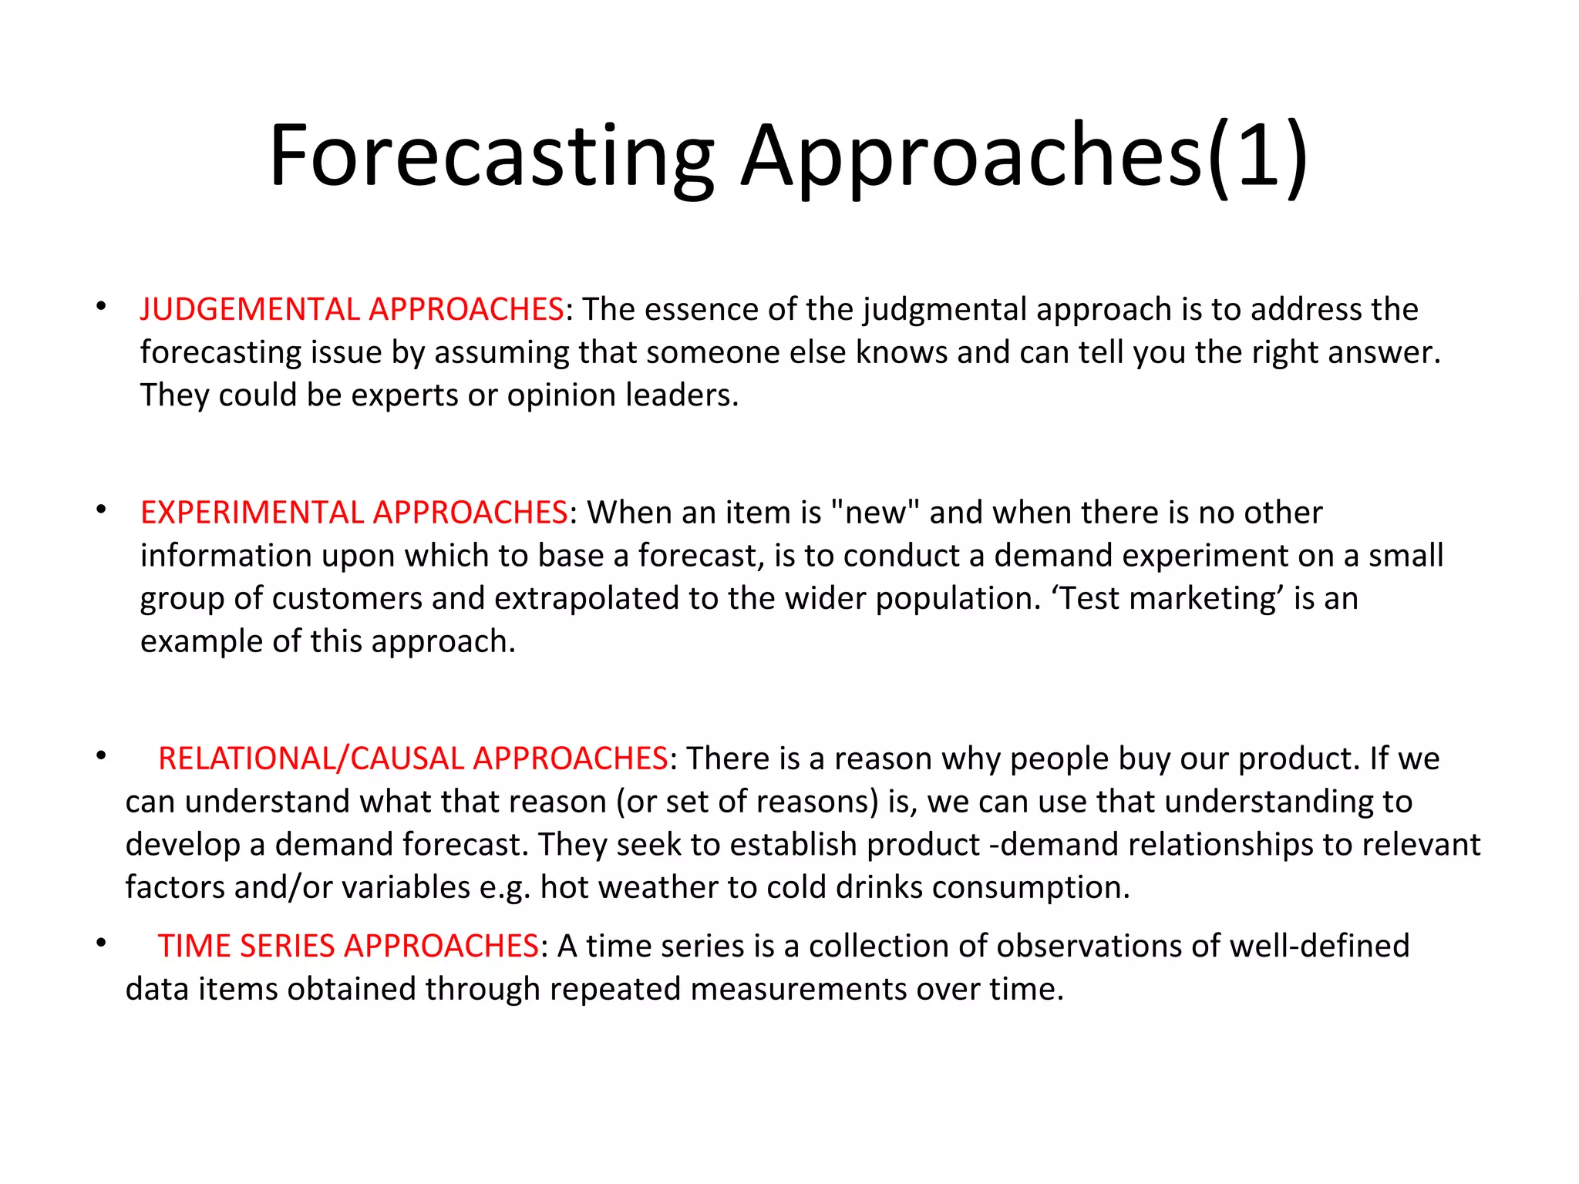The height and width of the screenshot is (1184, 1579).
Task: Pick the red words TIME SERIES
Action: pos(246,946)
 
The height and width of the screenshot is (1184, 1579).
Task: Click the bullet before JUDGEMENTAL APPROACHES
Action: pos(101,306)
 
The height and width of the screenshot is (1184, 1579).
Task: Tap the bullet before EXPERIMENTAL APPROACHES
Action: pos(101,510)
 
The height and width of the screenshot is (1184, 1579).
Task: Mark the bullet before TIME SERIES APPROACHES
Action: pos(101,943)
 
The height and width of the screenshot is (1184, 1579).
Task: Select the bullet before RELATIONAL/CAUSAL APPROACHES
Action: pos(101,755)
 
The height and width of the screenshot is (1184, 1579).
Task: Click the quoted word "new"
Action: pos(875,513)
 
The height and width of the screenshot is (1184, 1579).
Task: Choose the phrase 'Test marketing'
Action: pos(1167,599)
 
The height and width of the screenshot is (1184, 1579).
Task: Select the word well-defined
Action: pos(1319,946)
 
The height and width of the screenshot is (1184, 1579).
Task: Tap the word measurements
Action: pos(798,989)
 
